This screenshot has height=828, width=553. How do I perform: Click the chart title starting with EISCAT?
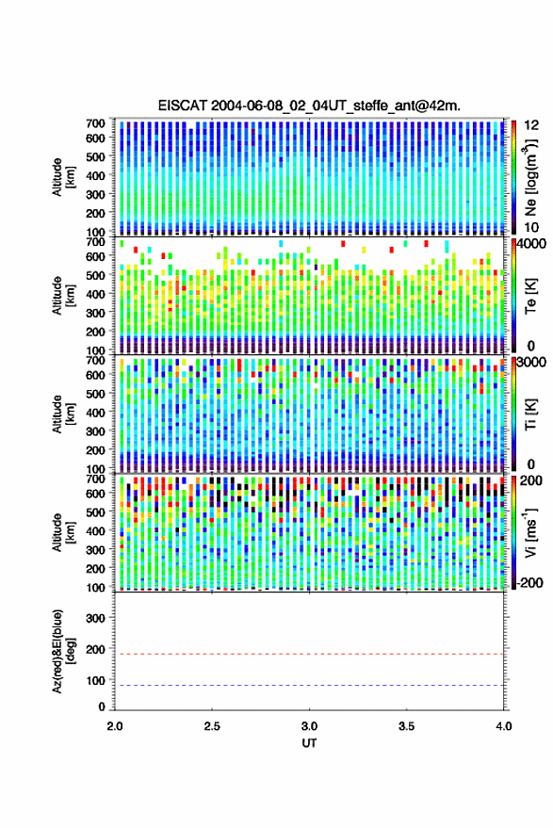(x=309, y=106)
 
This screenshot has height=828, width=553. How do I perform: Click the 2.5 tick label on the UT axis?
(x=212, y=726)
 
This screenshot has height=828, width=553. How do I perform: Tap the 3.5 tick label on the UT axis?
(x=406, y=726)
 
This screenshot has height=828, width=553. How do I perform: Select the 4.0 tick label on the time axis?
(x=504, y=726)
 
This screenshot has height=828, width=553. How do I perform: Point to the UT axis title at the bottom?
(x=309, y=743)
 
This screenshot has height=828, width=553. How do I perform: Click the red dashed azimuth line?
(x=309, y=655)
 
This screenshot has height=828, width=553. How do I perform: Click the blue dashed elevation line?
(x=309, y=686)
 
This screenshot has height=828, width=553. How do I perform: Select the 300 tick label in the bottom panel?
(x=95, y=618)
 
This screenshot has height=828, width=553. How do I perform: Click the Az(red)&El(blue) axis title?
(x=63, y=652)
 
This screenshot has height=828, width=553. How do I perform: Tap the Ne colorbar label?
(x=530, y=177)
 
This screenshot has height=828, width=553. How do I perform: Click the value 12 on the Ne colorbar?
(x=531, y=125)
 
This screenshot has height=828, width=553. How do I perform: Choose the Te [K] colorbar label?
(x=530, y=296)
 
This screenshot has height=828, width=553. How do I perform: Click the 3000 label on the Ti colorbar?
(x=530, y=363)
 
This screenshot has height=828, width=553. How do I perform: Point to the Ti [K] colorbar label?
(x=530, y=414)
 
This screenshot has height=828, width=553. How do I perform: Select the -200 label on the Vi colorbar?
(x=530, y=582)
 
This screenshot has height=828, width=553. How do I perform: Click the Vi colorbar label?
(x=530, y=532)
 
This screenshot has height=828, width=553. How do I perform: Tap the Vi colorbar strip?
(x=513, y=533)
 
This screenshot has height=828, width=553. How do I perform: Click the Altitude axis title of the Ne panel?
(x=63, y=177)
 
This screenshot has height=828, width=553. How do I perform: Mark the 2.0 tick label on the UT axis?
(x=115, y=726)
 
